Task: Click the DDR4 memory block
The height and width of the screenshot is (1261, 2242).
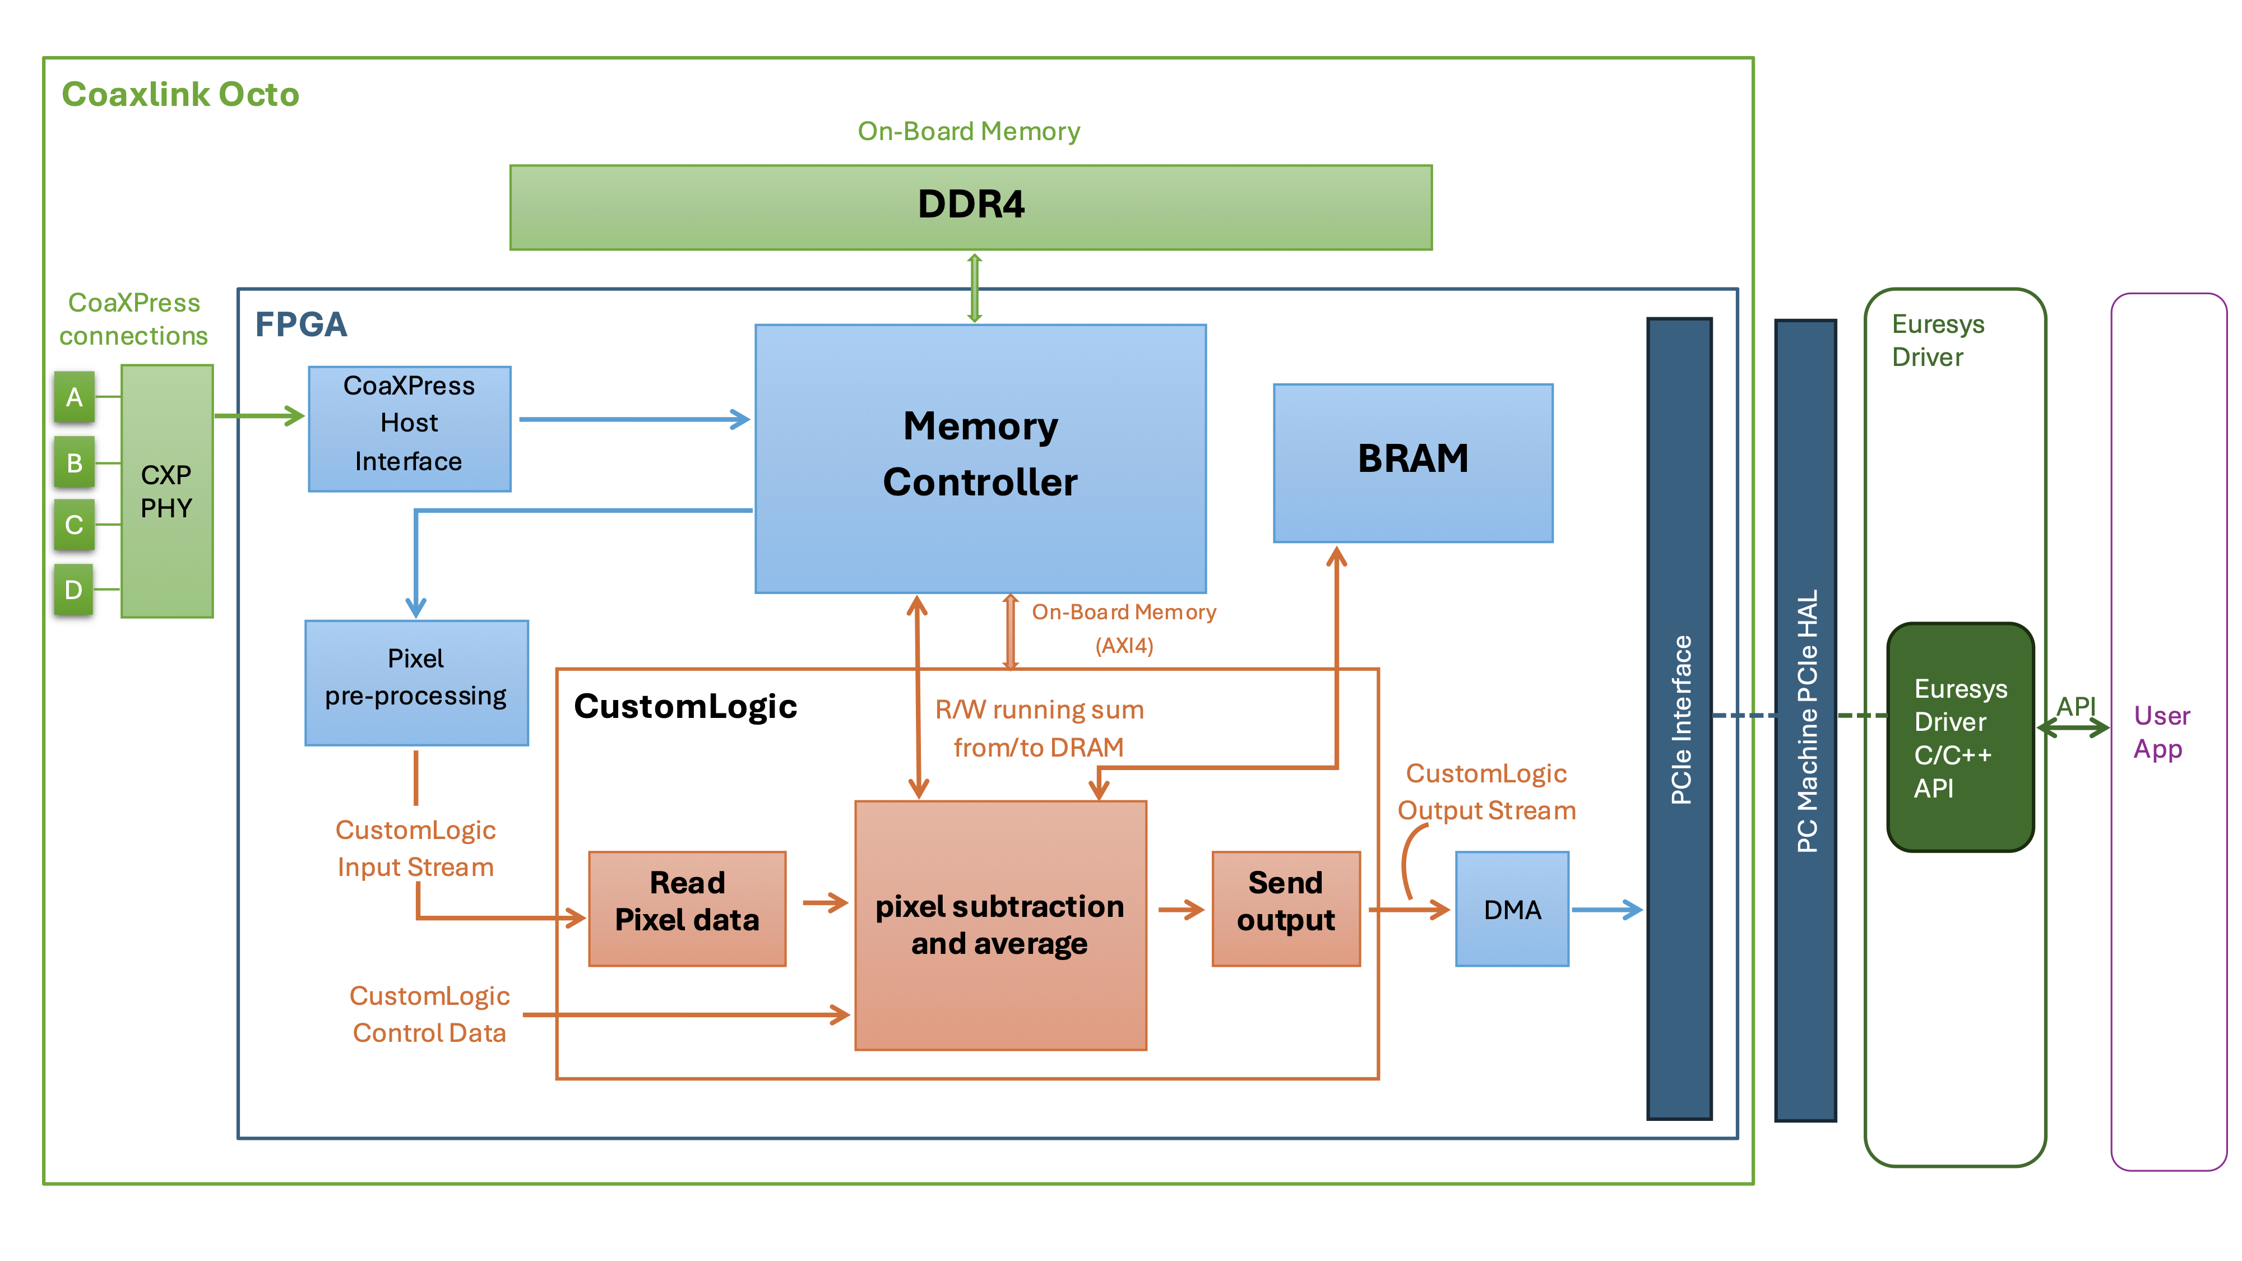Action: [x=970, y=207]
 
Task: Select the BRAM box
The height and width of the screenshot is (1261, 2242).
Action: [x=1412, y=462]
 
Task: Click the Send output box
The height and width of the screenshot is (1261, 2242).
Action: [x=1285, y=908]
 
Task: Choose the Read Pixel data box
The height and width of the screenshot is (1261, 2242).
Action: [x=687, y=908]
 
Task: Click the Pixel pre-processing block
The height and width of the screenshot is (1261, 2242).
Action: [x=416, y=682]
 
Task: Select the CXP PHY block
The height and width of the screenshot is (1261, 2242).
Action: [x=167, y=491]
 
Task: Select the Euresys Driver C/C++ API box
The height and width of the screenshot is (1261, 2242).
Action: [x=1960, y=736]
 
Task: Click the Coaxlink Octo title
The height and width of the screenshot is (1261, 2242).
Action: [x=180, y=94]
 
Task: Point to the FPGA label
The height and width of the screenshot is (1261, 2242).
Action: [x=300, y=324]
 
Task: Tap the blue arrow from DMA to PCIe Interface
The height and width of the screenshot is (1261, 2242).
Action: [x=1606, y=910]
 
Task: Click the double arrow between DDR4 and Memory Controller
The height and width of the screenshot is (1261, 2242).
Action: [x=975, y=287]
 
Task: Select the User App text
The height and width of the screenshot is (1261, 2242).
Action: [x=2161, y=732]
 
